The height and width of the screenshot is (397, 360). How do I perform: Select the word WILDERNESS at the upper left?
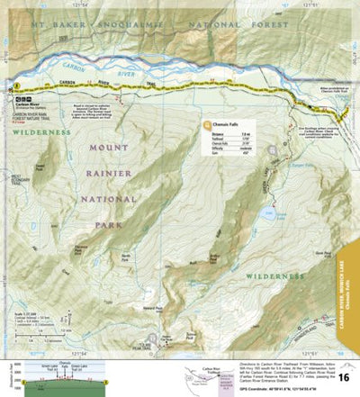[x=41, y=131]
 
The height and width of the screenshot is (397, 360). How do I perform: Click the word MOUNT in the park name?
[x=109, y=147]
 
